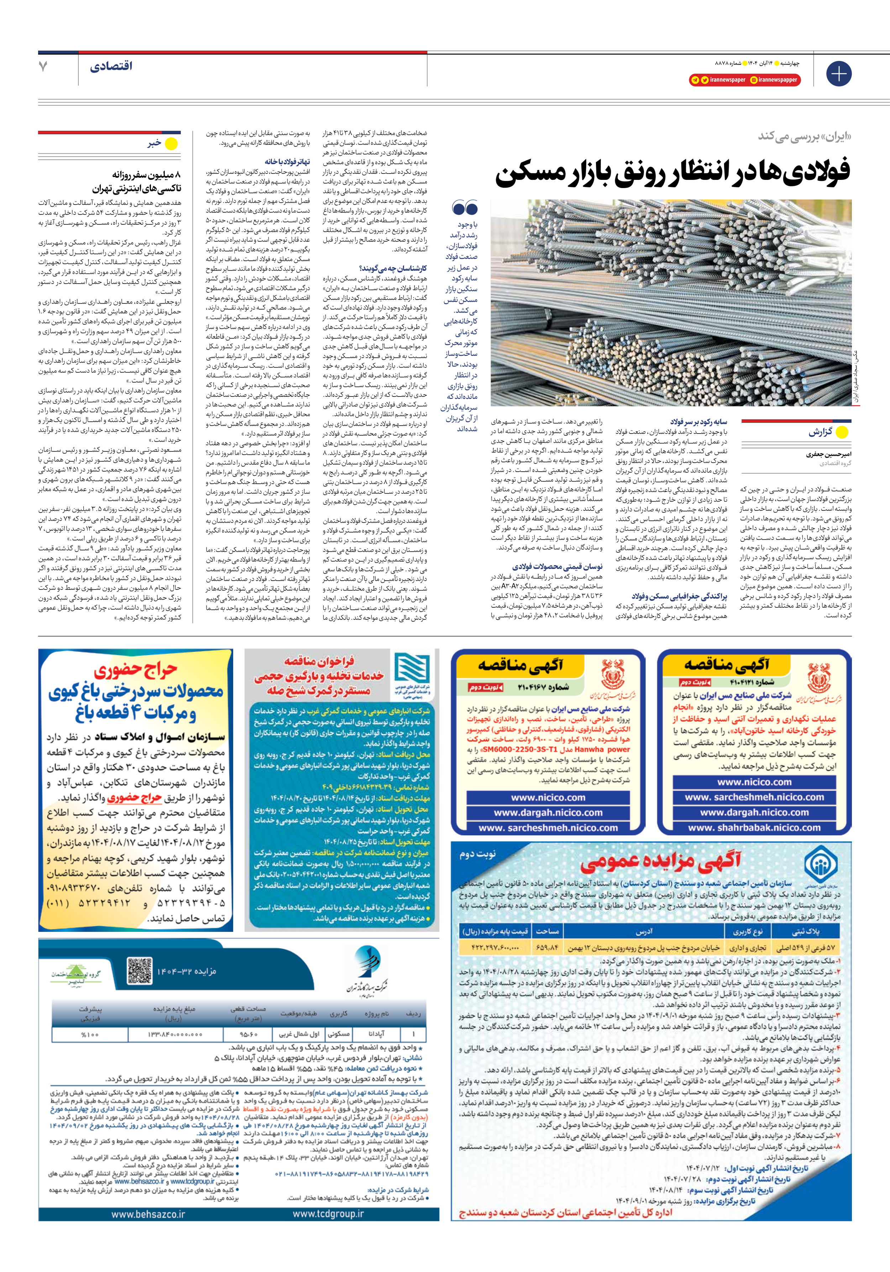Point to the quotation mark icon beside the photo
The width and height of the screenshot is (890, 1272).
click(465, 208)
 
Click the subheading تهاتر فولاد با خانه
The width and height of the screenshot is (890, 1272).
click(287, 162)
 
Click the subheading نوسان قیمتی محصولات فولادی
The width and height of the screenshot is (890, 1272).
click(557, 567)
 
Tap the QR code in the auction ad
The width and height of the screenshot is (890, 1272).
click(139, 970)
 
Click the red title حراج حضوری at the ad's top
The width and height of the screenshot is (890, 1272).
click(135, 671)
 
